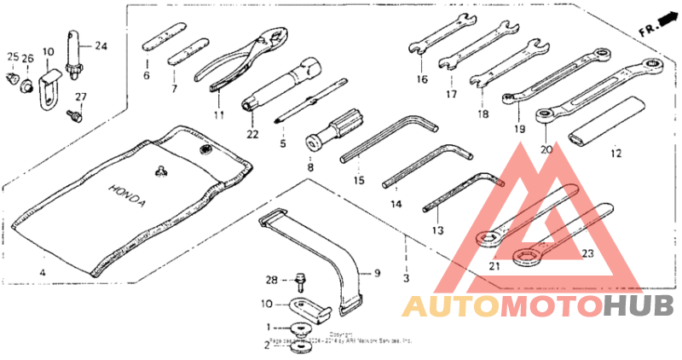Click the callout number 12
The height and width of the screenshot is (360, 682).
click(x=616, y=154)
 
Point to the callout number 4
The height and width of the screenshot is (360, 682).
click(x=41, y=273)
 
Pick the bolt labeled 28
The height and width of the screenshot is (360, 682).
click(x=301, y=280)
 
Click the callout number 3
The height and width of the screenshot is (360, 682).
click(x=407, y=279)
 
